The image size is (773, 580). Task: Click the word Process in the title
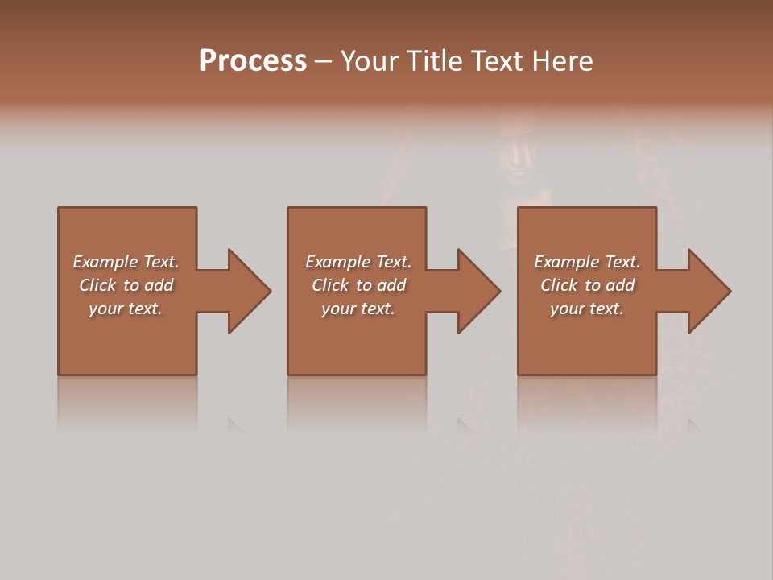click(253, 61)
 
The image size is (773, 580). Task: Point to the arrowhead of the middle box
click(478, 291)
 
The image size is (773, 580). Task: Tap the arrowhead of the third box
click(709, 291)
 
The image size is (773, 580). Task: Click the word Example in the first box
click(105, 262)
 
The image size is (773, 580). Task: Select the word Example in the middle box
click(337, 262)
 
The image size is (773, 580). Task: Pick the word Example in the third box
click(566, 262)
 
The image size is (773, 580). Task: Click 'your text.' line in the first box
click(126, 309)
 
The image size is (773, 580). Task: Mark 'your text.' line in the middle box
click(358, 309)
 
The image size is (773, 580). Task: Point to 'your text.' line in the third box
click(587, 309)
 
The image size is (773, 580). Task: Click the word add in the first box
click(159, 285)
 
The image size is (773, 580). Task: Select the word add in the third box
click(621, 285)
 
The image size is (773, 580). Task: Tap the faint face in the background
click(515, 153)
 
